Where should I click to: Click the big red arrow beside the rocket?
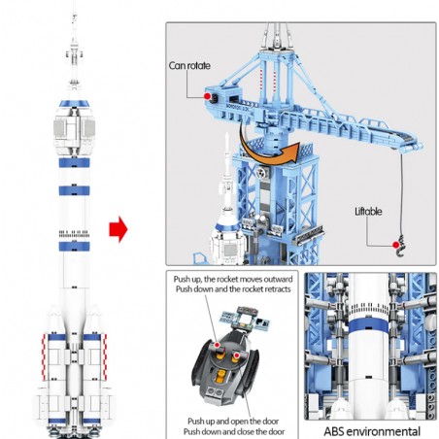[118, 229]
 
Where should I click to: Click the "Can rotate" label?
[189, 66]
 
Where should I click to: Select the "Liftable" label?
[368, 212]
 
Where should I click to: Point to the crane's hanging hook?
[401, 247]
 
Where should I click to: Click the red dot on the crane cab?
[207, 96]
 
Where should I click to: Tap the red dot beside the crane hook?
[395, 245]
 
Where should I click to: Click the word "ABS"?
[335, 431]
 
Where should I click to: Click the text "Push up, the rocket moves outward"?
[233, 279]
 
